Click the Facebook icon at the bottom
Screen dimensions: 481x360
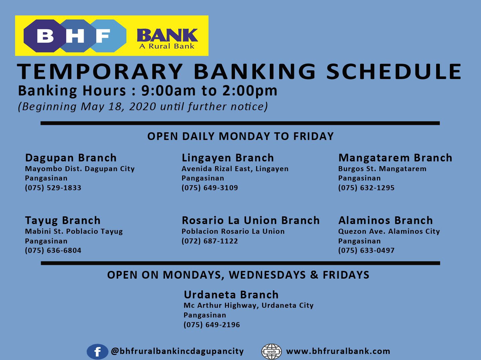[x=97, y=352]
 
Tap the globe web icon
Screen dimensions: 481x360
[x=271, y=352]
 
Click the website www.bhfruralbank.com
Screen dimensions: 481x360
[x=338, y=351]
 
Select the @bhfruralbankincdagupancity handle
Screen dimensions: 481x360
[x=177, y=351]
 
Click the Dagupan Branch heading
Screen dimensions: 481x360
[x=71, y=158]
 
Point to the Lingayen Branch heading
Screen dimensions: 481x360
[x=228, y=158]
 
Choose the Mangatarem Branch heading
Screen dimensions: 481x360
[x=395, y=158]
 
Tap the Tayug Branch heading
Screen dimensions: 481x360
[x=63, y=220]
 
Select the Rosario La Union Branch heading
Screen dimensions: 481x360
[x=251, y=220]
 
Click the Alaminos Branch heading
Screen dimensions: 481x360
[x=386, y=220]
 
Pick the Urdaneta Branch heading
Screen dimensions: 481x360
[x=231, y=295]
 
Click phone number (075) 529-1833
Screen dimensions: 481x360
[x=53, y=188]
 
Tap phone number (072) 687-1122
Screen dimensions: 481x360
[x=210, y=241]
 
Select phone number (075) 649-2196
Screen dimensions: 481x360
[x=212, y=325]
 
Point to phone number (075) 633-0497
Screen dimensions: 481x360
[x=367, y=250]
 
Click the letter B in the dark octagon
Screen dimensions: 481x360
[x=45, y=36]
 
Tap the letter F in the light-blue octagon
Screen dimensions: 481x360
[x=103, y=36]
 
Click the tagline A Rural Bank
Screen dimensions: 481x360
[x=167, y=46]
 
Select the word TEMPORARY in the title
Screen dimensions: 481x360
[x=100, y=71]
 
